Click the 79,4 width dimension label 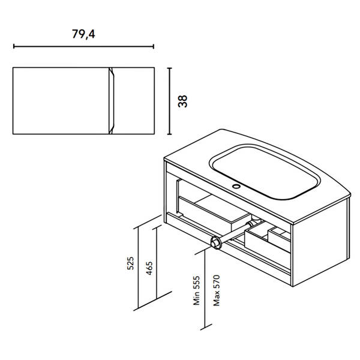83,34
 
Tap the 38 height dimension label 183,101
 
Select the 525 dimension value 130,263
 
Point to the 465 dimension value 149,268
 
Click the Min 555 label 197,290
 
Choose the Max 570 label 216,290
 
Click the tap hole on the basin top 236,186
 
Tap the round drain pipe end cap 215,242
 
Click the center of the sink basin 266,173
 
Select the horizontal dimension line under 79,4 83,46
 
